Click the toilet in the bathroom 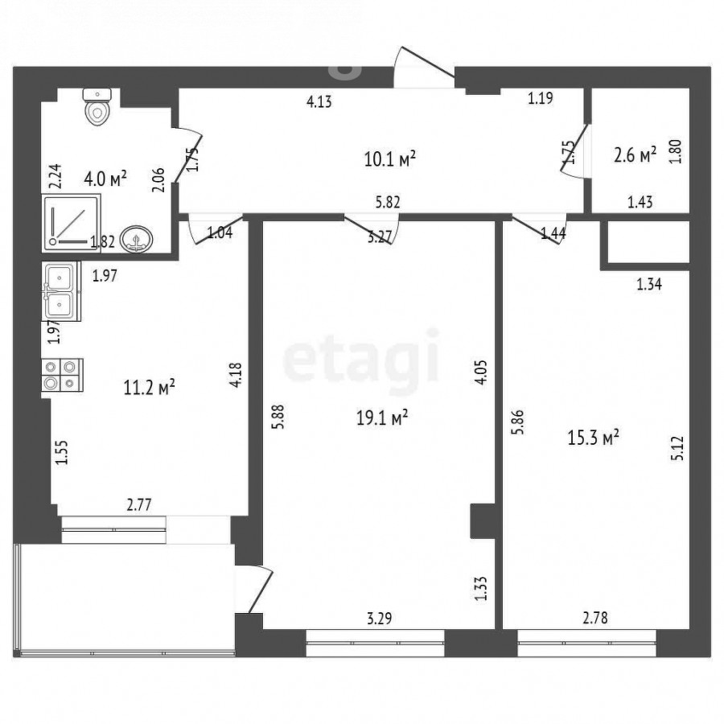[x=97, y=107]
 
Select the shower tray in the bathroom [x=72, y=223]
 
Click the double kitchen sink [x=61, y=291]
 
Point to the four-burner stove [x=62, y=375]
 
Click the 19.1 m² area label [x=382, y=418]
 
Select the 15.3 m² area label [x=593, y=438]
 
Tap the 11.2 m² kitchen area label [x=149, y=388]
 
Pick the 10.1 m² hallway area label [x=390, y=159]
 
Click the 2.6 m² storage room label [x=635, y=155]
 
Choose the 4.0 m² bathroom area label [x=105, y=179]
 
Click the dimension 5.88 [x=278, y=417]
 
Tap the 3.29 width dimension [x=380, y=619]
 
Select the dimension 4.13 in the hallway [x=319, y=101]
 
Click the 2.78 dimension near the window [x=595, y=617]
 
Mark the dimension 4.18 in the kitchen [x=236, y=375]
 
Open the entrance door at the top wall [x=424, y=68]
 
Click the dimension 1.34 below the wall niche [x=649, y=285]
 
